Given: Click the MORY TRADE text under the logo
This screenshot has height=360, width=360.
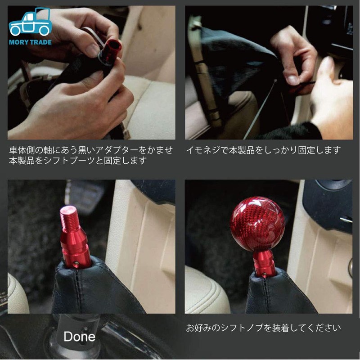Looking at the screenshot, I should pos(30,42).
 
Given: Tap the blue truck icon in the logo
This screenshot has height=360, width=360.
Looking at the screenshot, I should pos(30,23).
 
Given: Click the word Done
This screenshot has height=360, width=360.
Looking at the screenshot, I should pos(79,337).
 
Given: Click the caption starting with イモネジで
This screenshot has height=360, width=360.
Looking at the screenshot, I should pos(263,150).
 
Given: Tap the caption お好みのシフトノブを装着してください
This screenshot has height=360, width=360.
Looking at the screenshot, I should pos(263,328).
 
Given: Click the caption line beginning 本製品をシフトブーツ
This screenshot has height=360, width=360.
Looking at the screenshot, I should pos(78,161).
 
